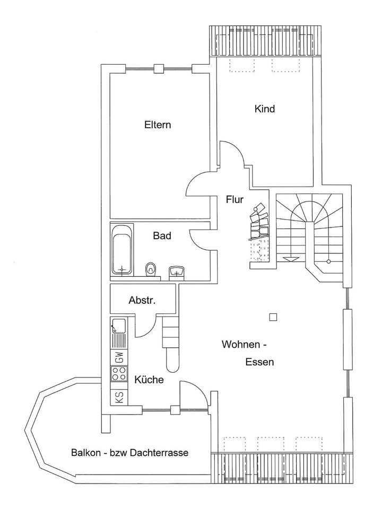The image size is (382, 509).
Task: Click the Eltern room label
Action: (158, 125)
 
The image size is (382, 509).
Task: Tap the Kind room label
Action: (264, 109)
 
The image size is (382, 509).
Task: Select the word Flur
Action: (235, 199)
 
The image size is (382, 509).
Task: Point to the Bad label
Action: (162, 235)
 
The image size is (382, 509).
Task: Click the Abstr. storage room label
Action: (142, 300)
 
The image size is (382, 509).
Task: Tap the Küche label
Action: (149, 380)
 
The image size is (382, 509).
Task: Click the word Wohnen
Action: (241, 345)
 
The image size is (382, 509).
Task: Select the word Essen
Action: (259, 362)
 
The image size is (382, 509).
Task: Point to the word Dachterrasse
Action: (159, 452)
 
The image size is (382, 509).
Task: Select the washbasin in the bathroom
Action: (176, 271)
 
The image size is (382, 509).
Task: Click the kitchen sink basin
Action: (119, 326)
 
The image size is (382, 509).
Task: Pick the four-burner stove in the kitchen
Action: (119, 373)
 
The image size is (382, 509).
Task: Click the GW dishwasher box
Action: (119, 358)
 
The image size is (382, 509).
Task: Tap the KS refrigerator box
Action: (119, 397)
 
